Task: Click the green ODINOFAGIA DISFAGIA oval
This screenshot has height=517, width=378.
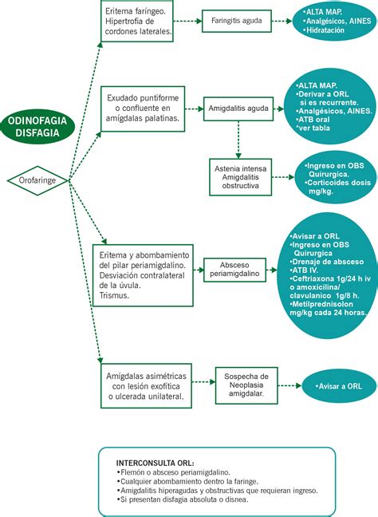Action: [x=37, y=127]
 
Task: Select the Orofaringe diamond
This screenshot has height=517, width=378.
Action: [x=37, y=180]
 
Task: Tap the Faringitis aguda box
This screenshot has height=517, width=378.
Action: [x=237, y=21]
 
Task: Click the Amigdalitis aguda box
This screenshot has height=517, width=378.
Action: [x=238, y=109]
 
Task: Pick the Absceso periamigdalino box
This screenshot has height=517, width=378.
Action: [x=234, y=270]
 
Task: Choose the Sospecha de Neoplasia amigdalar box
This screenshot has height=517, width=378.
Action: [x=246, y=385]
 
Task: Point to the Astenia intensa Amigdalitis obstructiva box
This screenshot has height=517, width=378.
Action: [x=241, y=177]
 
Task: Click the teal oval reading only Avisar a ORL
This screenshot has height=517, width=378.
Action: [x=339, y=386]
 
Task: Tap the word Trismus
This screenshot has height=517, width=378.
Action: [x=114, y=295]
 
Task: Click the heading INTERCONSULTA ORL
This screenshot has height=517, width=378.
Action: [x=155, y=463]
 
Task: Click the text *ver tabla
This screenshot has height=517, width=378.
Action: [x=313, y=128]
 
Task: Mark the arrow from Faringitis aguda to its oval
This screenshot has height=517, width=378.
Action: [x=282, y=21]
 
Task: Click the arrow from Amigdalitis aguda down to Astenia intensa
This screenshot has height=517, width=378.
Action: [x=238, y=140]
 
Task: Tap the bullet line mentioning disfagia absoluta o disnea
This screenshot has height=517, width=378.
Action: [x=183, y=499]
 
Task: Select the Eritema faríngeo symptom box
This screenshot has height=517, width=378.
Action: [x=137, y=21]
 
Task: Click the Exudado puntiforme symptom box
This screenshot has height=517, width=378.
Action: [x=143, y=109]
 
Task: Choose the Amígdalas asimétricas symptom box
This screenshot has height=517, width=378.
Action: [x=146, y=386]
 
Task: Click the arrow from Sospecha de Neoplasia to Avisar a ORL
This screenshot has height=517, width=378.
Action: [x=289, y=385]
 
